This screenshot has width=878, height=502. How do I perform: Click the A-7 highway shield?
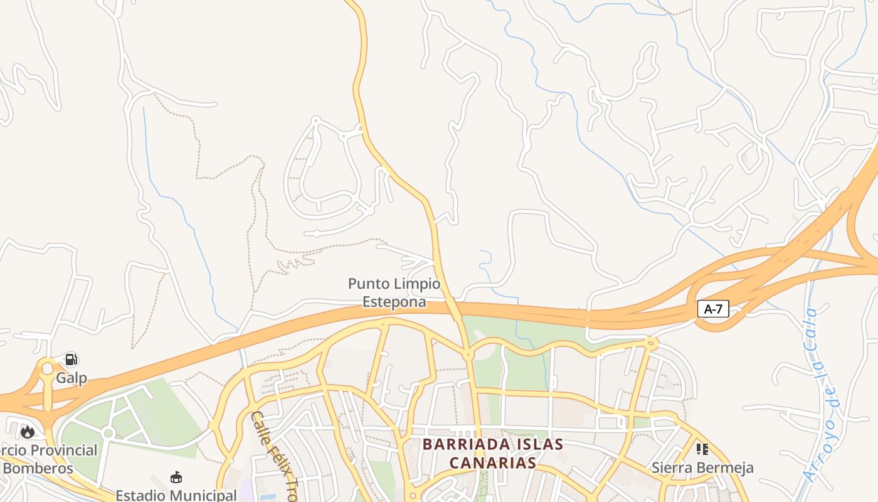pos(713,309)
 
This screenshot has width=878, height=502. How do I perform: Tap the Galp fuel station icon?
pos(71,360)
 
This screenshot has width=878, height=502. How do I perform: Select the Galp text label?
pos(71,378)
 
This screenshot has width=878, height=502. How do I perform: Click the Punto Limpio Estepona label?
pos(394,293)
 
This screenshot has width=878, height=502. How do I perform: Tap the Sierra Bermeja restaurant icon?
pos(702,449)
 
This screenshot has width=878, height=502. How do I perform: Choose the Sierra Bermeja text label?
pos(702,468)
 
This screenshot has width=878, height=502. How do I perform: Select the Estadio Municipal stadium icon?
pos(176,477)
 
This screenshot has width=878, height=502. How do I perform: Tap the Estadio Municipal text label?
pos(176,495)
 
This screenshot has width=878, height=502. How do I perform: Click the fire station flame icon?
pos(28,432)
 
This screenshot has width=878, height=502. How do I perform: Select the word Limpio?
pos(416,284)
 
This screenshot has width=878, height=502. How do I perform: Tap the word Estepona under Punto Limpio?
pos(394,302)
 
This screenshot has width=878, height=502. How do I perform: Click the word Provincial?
pos(64,451)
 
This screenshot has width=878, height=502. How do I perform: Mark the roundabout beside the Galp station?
pos(48,368)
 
